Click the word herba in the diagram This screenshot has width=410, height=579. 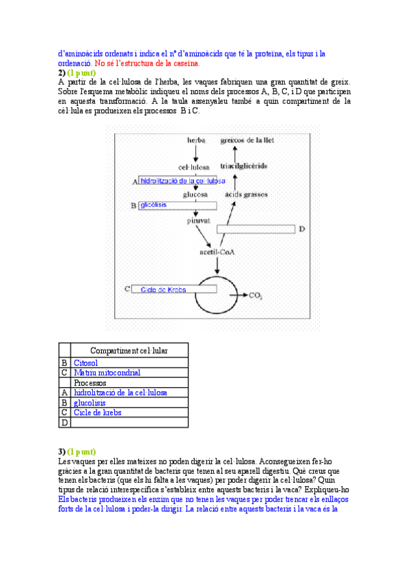pyautogui.click(x=197, y=140)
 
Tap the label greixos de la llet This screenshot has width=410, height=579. pyautogui.click(x=247, y=140)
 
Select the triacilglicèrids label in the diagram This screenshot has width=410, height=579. pyautogui.click(x=244, y=166)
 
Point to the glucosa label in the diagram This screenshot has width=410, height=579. pyautogui.click(x=195, y=195)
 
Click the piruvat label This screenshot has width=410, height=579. pyautogui.click(x=197, y=221)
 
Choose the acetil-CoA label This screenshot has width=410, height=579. pyautogui.click(x=217, y=251)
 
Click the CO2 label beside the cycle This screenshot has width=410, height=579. pyautogui.click(x=256, y=296)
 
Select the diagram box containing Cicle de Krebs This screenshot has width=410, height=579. pyautogui.click(x=174, y=289)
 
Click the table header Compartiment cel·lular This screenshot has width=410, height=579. pyautogui.click(x=129, y=350)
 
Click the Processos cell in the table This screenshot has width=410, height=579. pyautogui.click(x=90, y=383)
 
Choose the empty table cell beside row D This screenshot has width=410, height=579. pyautogui.click(x=129, y=423)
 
